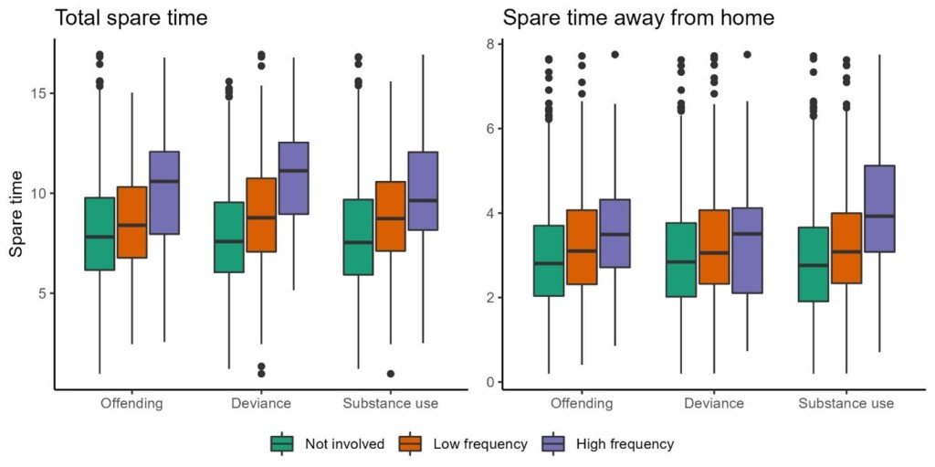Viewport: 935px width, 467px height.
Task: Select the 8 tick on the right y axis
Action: click(x=489, y=44)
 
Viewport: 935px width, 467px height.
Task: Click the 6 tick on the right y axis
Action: click(x=489, y=129)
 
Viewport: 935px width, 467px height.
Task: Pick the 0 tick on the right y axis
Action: click(x=489, y=382)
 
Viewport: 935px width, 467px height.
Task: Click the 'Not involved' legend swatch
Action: click(x=281, y=444)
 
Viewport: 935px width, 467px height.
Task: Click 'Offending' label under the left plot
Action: click(x=131, y=403)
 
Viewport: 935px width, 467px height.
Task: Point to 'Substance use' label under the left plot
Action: click(x=390, y=403)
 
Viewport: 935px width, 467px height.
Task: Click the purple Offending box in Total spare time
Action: click(x=163, y=193)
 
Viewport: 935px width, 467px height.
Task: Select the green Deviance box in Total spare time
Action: click(x=229, y=237)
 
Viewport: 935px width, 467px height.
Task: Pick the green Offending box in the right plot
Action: click(x=548, y=260)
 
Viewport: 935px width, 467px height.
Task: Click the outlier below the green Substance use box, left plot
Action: click(x=365, y=373)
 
